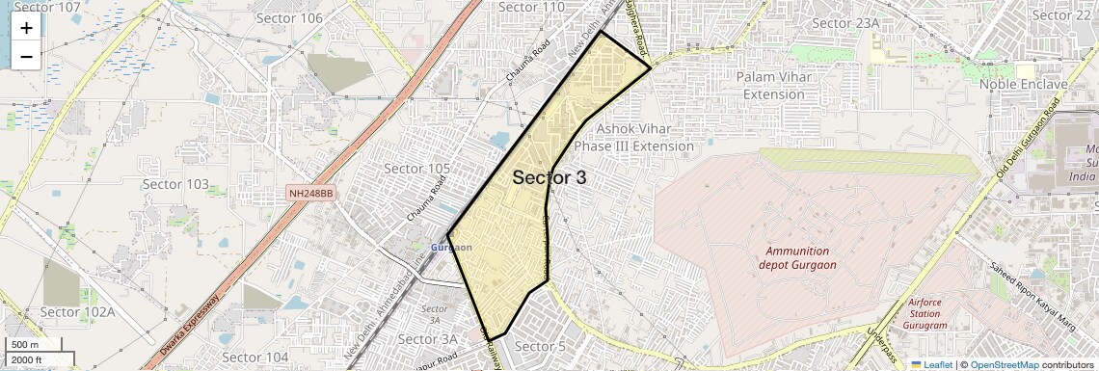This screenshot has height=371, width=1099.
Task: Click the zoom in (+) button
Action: point(26,28)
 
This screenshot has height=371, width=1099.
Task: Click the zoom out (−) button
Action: point(26,56)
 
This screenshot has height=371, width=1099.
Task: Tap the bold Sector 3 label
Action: point(549,177)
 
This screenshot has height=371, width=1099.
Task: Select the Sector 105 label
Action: point(417,169)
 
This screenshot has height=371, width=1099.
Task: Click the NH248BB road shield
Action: point(311,194)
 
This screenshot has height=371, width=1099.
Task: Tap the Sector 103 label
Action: point(175,184)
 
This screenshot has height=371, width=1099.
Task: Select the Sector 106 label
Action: point(289,17)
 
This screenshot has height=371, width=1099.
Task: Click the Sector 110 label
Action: point(531,8)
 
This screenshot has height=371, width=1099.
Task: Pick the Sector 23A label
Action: point(846,23)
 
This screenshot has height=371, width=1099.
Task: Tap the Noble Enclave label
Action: point(1024,84)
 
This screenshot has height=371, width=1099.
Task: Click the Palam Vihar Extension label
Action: point(783,85)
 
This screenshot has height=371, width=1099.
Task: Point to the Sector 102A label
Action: point(77,312)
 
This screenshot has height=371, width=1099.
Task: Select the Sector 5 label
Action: point(541,347)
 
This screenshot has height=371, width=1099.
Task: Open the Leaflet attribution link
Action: point(931,364)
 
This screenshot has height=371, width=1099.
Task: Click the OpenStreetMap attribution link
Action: point(1004,364)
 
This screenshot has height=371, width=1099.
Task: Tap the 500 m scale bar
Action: point(26,345)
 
